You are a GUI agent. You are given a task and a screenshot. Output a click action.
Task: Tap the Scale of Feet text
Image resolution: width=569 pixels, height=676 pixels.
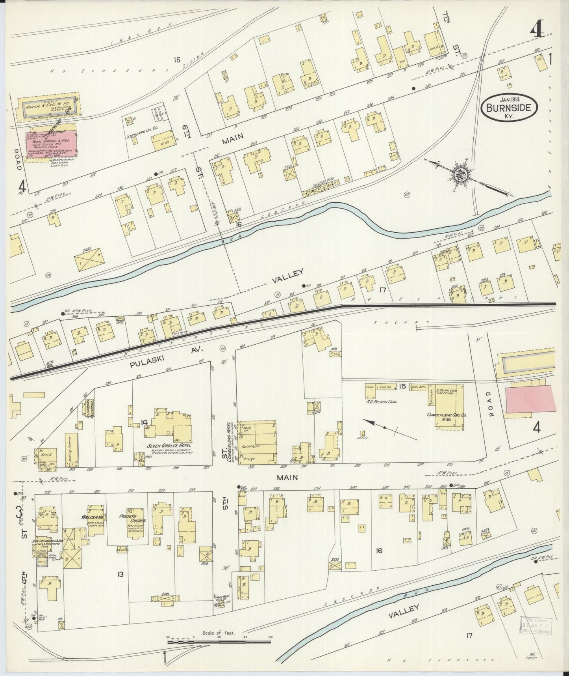pos(219,633)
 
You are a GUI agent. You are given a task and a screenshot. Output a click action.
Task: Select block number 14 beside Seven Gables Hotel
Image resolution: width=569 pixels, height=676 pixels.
pos(145,422)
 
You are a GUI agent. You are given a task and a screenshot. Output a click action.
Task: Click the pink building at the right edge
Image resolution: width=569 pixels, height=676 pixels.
pos(530,399)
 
